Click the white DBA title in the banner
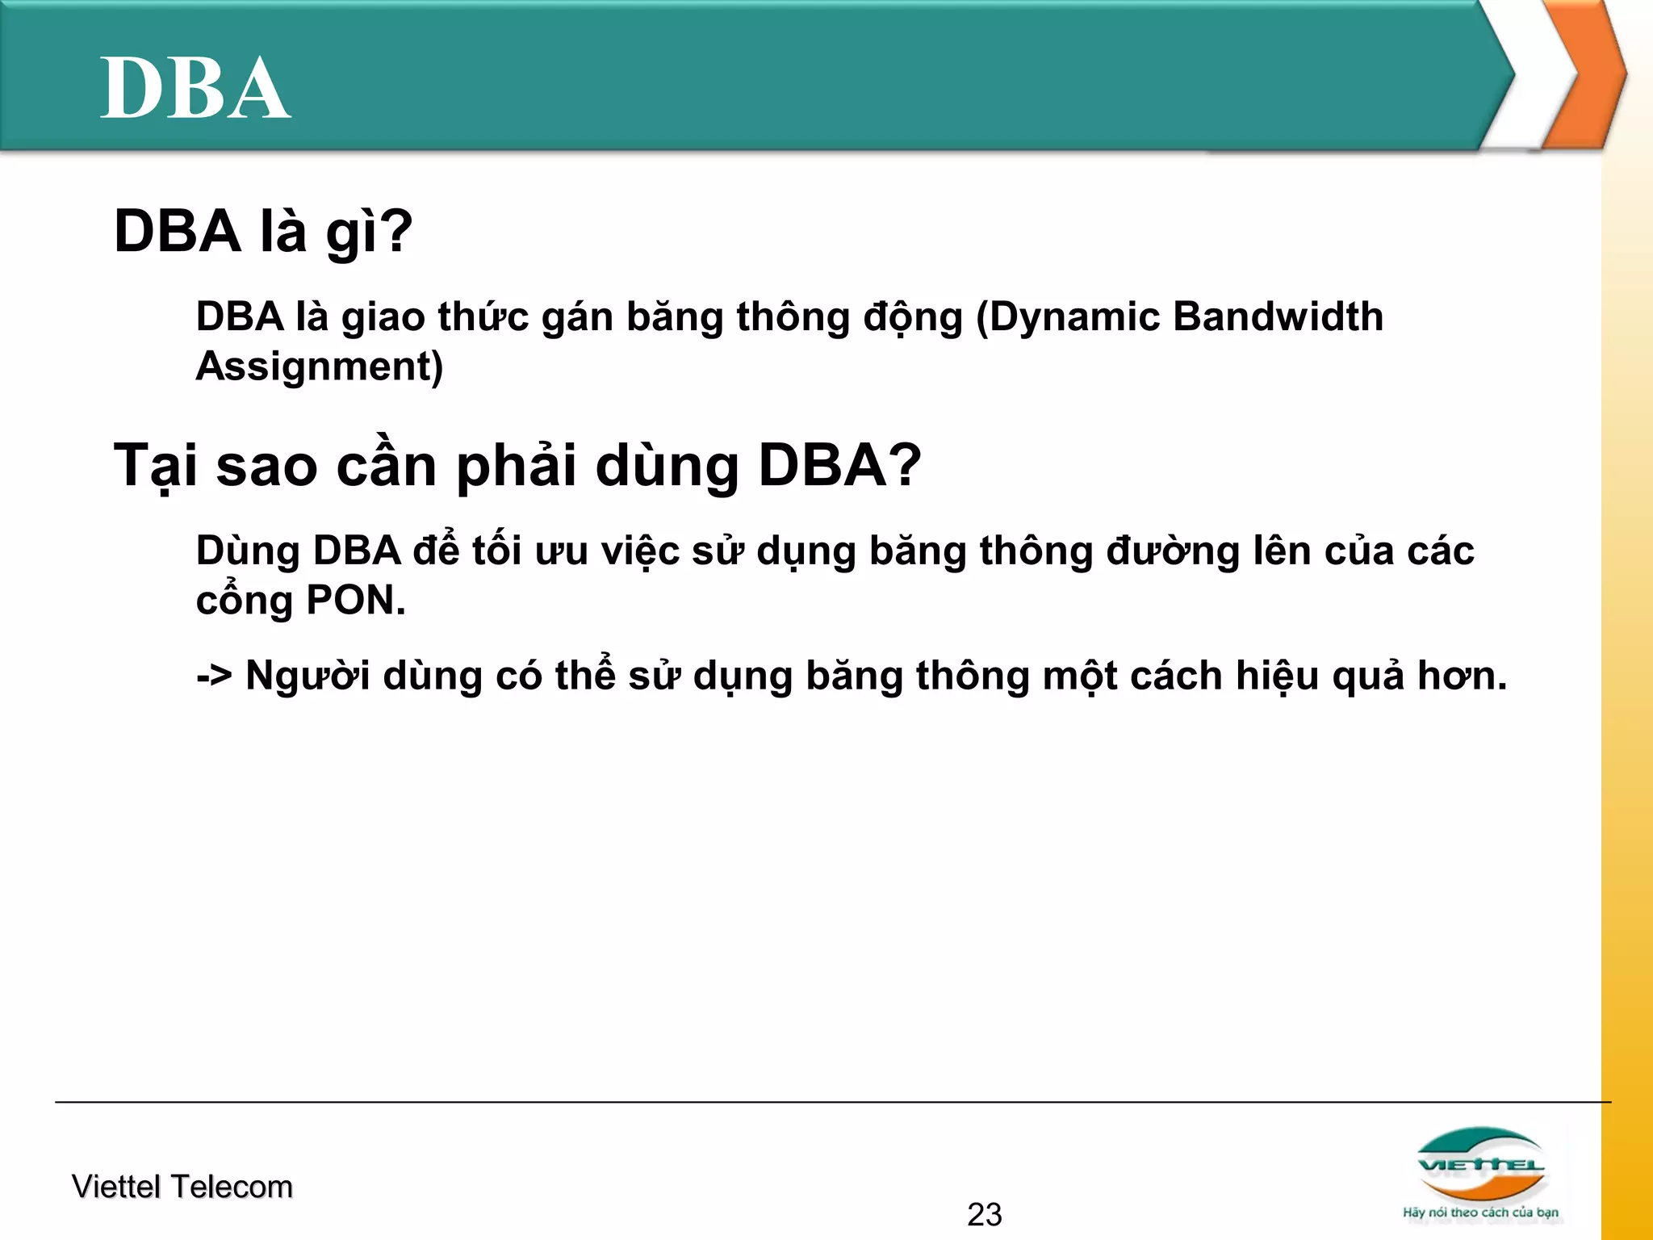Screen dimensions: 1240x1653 [195, 89]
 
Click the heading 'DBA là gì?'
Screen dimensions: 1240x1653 [263, 232]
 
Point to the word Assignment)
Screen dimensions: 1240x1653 [320, 367]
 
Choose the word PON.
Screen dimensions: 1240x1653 [355, 601]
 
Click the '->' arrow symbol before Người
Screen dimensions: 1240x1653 [214, 676]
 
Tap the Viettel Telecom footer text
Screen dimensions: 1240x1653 [182, 1187]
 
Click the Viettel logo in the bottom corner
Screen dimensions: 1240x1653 [1481, 1163]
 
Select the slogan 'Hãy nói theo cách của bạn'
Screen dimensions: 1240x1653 [1480, 1213]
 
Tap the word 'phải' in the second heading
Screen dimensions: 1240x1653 [517, 466]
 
